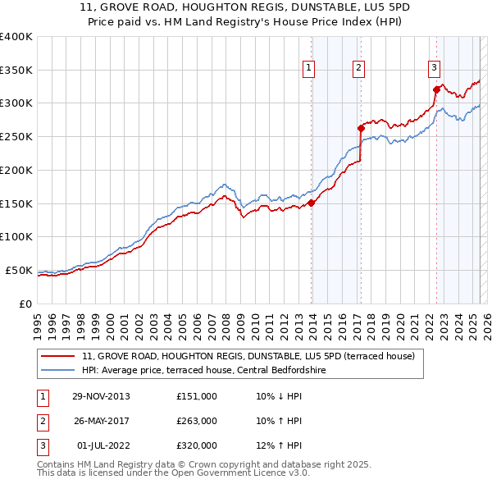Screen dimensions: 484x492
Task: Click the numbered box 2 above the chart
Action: [x=359, y=68]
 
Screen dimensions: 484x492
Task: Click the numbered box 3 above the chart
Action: [x=434, y=68]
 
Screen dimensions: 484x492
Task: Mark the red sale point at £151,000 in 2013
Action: [x=312, y=203]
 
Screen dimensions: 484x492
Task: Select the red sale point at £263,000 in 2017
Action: [x=360, y=128]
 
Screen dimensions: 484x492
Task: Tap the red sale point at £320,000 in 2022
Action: [x=436, y=89]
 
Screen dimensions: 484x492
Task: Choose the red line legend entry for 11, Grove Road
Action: [x=249, y=356]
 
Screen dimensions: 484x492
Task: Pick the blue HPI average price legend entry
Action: [x=204, y=370]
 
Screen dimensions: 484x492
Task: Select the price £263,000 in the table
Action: [x=197, y=421]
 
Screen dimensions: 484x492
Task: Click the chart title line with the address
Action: [x=245, y=7]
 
